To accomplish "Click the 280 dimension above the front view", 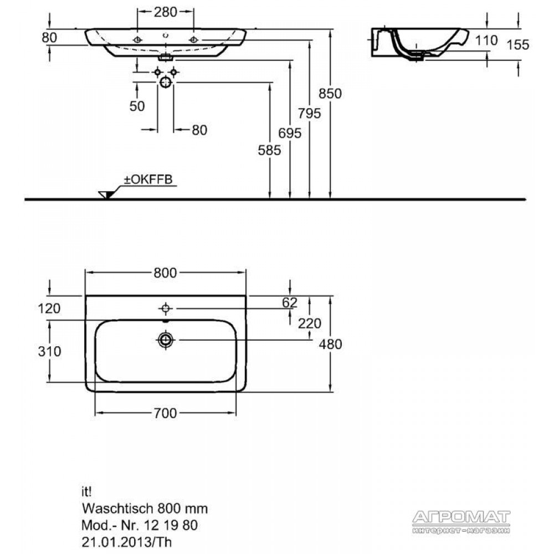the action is tap(165, 12).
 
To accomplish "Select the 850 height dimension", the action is tap(330, 94).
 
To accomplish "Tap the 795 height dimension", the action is tap(309, 114).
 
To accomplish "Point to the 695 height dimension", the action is tap(290, 133).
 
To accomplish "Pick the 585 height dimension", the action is tap(270, 151).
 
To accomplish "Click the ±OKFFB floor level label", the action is tap(148, 179).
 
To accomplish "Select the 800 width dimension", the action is tap(165, 273).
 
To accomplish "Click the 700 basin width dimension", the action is tap(165, 413).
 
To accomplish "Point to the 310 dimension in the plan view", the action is tap(49, 352).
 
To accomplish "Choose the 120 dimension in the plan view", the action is tap(49, 309).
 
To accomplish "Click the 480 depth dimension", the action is tap(330, 344).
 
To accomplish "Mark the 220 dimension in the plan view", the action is tap(310, 324).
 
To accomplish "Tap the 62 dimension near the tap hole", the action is tap(290, 303).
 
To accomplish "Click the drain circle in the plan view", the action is tap(165, 340).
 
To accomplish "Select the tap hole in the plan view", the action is tap(165, 309).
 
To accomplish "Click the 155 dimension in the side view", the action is tap(518, 45).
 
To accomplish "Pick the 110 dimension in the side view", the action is tap(486, 40).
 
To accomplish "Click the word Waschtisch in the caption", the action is tap(117, 509).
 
